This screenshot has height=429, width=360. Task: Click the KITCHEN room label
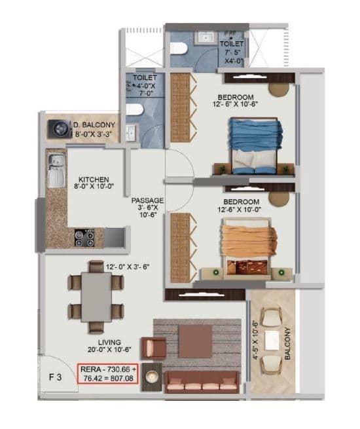94,179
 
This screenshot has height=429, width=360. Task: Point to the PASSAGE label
147,200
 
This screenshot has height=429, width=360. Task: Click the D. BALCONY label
94,124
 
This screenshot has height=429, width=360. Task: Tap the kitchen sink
55,168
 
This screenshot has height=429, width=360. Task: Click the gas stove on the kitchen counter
84,235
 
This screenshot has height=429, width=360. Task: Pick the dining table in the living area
96,295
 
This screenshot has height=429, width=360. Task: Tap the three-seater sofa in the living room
195,381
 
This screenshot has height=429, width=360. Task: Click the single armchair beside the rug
154,348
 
